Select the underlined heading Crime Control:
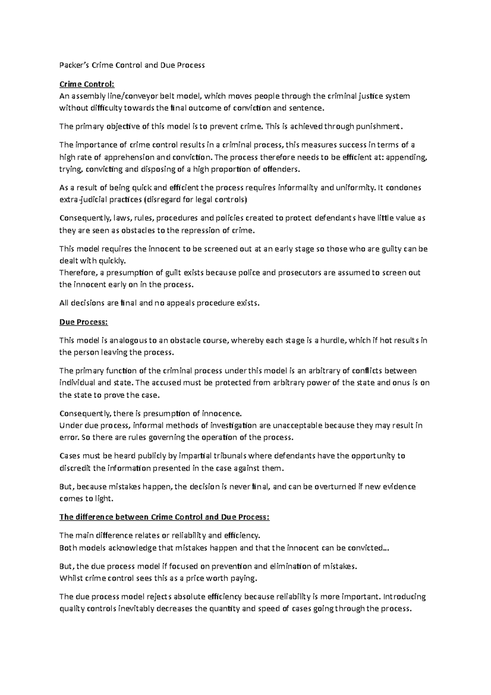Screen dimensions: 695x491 pos(87,84)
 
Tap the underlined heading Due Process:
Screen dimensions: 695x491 pos(83,322)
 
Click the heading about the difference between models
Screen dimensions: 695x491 pos(164,517)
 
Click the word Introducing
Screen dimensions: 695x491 pos(405,597)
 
